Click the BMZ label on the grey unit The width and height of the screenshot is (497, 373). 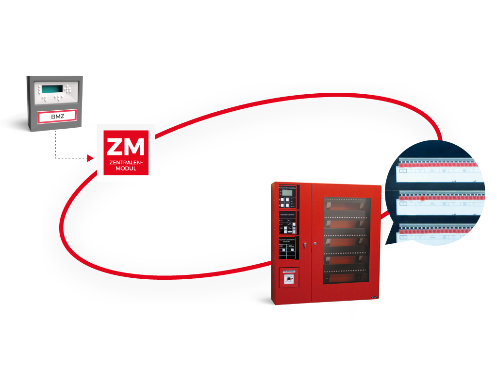tap(57, 117)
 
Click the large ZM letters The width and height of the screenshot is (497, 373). tap(126, 147)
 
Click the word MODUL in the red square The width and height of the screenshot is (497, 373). tap(126, 170)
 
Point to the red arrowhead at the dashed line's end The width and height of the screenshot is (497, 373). tap(91, 157)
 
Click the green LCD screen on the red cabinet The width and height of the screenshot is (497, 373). tap(287, 193)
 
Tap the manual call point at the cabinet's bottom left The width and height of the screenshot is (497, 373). tap(288, 280)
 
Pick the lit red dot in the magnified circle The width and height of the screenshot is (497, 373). tap(423, 199)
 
